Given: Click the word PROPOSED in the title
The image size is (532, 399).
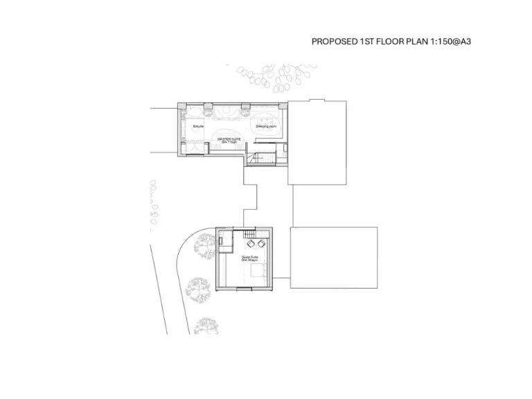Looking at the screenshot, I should tap(334, 42).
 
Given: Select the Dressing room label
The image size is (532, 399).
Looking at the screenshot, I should tap(266, 127).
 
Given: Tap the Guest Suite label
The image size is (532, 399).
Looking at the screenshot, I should tap(250, 258).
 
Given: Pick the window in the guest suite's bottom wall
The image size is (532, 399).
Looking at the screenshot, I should tap(246, 286).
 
